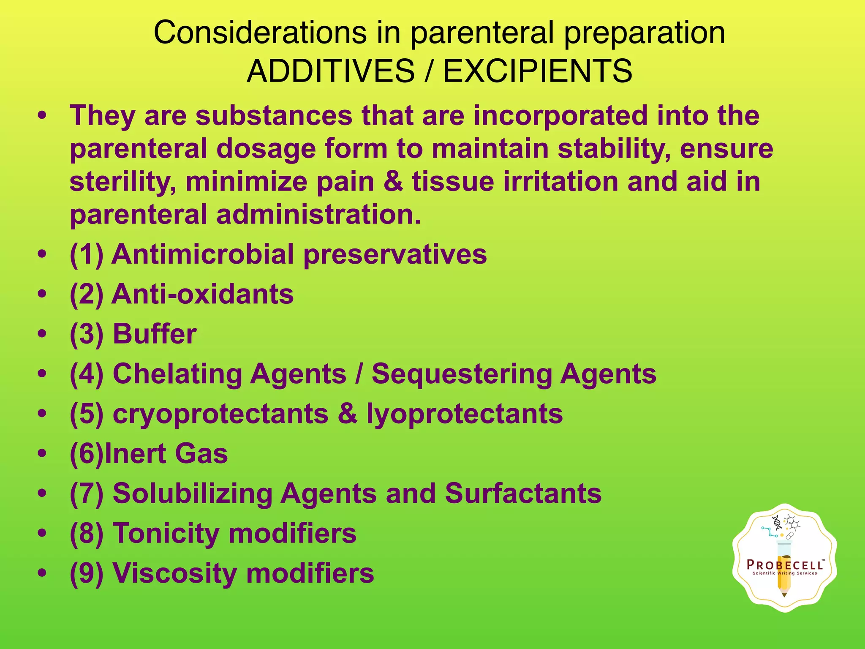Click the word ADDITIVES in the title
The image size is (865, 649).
coord(331,71)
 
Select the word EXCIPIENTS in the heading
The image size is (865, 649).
coord(537,71)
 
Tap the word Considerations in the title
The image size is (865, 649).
coord(260,33)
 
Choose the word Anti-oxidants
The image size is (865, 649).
coord(203,294)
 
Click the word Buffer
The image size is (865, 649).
coord(155,334)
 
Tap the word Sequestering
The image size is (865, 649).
coord(462,374)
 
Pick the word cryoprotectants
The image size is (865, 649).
coord(220,414)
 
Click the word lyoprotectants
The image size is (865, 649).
coord(465,414)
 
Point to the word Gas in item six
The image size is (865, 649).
coord(201,454)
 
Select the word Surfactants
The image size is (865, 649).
coord(523,494)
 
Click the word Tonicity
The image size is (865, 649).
coord(166,533)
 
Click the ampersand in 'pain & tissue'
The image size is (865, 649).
coord(393,182)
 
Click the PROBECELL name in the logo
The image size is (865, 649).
coord(784,565)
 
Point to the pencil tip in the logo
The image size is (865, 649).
coord(784,595)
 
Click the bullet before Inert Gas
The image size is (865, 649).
coord(42,454)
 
